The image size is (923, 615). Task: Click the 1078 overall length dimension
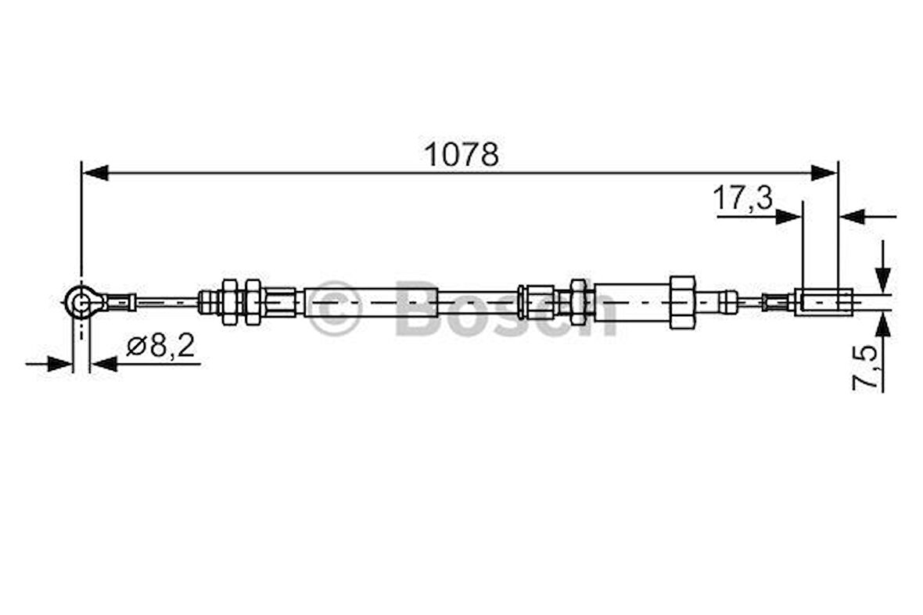point(461,154)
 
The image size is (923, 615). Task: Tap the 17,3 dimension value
point(742,199)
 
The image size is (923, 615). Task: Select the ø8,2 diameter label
point(160,345)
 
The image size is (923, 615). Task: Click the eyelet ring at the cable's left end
point(79,301)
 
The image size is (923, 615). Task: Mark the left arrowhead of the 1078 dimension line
point(95,173)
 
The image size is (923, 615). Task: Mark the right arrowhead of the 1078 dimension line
point(824,173)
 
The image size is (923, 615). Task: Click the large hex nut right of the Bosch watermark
point(682,301)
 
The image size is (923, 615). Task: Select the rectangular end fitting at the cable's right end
point(824,301)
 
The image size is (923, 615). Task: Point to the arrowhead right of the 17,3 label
point(788,216)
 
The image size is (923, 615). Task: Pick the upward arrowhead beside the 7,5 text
point(883,324)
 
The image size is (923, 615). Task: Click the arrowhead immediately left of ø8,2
point(104,364)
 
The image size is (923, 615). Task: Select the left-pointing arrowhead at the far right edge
point(853,216)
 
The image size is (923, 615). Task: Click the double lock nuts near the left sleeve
point(241,301)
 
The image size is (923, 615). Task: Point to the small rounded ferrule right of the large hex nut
point(728,301)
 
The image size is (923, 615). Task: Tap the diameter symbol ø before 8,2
point(134,346)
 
